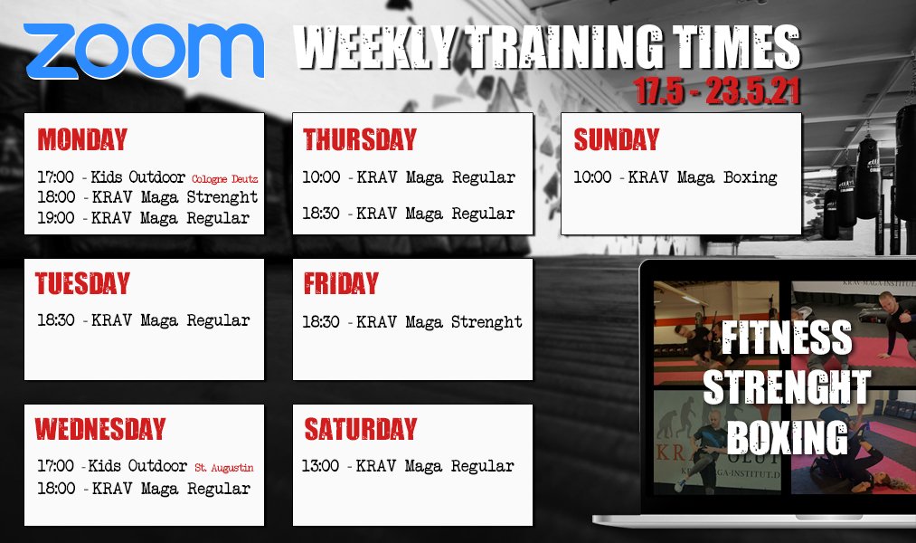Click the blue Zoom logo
(x=144, y=51)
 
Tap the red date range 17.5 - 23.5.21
(x=717, y=90)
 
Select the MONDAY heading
(x=82, y=139)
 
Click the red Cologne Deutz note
(x=225, y=179)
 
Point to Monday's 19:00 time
(x=56, y=218)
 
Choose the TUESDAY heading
(x=82, y=283)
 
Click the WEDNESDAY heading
(x=100, y=428)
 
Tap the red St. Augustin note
(x=224, y=468)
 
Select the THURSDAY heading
(x=360, y=139)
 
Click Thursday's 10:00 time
(x=321, y=177)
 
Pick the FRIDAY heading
(x=341, y=283)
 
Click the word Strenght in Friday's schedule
(x=486, y=322)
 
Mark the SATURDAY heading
(x=361, y=428)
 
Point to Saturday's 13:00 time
(x=320, y=466)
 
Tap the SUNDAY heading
(x=617, y=139)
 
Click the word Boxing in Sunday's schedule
(x=751, y=177)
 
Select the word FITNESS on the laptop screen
(x=787, y=338)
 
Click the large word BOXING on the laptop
(x=788, y=437)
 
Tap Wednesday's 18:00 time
(x=56, y=489)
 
